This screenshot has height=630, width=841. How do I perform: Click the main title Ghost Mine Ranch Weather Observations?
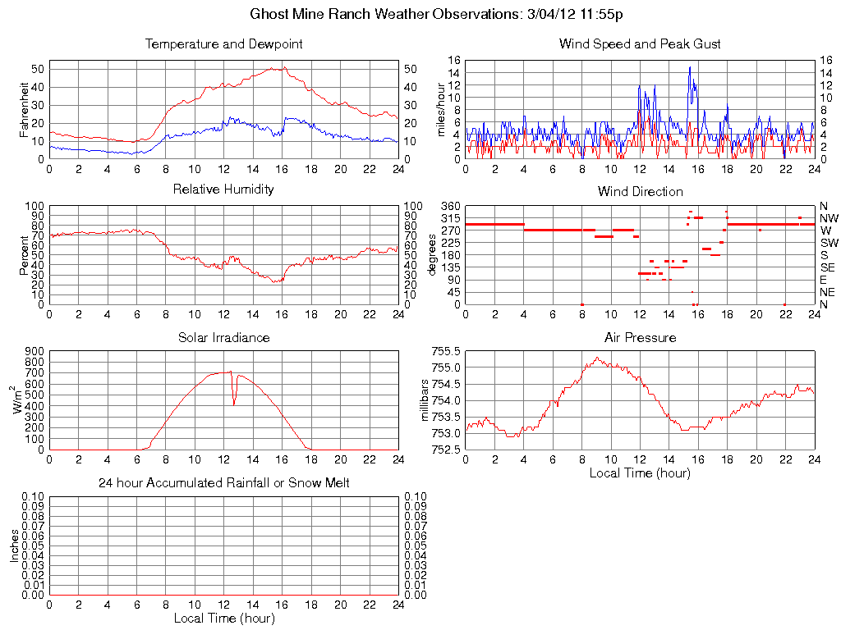(x=441, y=15)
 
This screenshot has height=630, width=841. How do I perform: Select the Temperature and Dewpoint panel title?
(x=223, y=44)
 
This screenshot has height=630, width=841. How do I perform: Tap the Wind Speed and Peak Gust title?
(x=640, y=44)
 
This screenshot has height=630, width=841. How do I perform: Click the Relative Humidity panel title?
(x=223, y=190)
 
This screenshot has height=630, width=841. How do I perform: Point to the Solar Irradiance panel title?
(x=223, y=337)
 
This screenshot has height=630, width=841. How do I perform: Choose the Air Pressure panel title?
(x=640, y=337)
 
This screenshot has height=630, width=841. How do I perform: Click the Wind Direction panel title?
(x=640, y=191)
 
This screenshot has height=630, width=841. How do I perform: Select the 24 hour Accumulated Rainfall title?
(x=223, y=483)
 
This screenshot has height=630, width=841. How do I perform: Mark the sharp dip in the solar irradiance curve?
(x=234, y=403)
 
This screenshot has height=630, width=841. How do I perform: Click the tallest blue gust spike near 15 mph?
(x=690, y=67)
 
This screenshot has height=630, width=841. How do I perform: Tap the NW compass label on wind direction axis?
(x=829, y=218)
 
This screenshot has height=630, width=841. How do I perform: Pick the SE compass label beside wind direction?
(x=828, y=267)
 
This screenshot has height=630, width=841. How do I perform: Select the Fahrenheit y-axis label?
(x=25, y=109)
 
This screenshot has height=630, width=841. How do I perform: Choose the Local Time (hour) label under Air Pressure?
(x=640, y=472)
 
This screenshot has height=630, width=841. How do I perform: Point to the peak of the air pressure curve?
(x=597, y=357)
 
